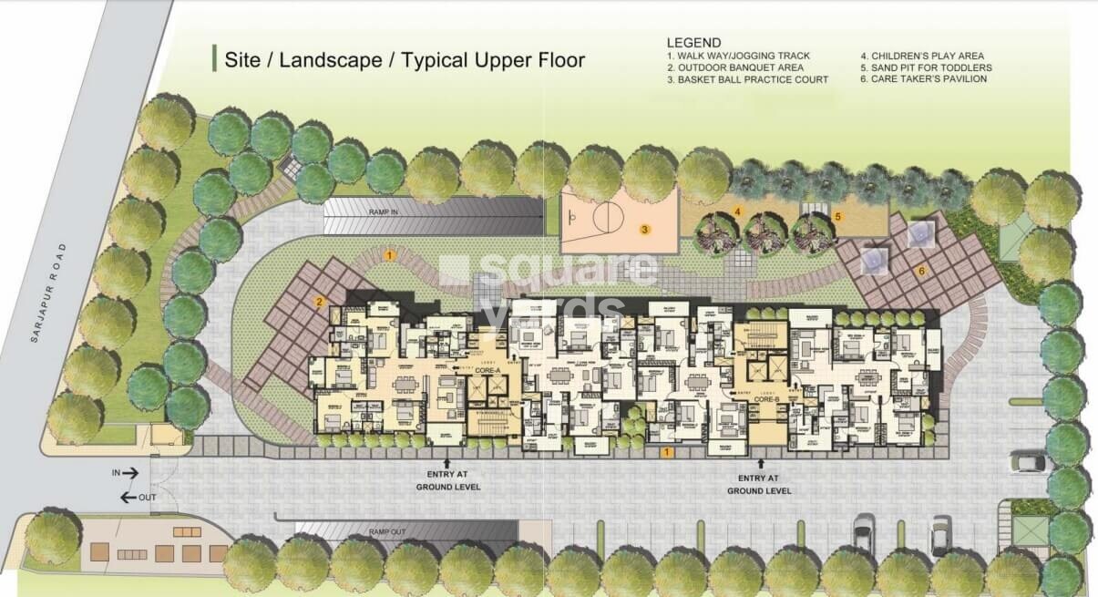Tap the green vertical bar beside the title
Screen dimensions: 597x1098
click(213, 58)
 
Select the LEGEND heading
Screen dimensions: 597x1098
click(693, 43)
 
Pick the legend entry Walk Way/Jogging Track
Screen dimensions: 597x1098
click(738, 56)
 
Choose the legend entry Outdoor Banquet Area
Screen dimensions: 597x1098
click(734, 67)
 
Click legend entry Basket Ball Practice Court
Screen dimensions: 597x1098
click(747, 79)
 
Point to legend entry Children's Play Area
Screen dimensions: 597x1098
click(922, 56)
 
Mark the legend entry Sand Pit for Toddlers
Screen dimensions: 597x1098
click(926, 67)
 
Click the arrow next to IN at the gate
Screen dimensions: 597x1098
click(130, 473)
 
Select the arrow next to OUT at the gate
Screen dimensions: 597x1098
click(128, 497)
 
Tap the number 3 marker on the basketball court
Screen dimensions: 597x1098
click(643, 230)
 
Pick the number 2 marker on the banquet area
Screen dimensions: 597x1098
click(320, 302)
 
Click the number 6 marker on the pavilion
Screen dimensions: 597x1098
click(921, 271)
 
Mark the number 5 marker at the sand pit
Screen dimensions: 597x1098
click(837, 216)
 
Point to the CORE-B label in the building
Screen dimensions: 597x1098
click(765, 398)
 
